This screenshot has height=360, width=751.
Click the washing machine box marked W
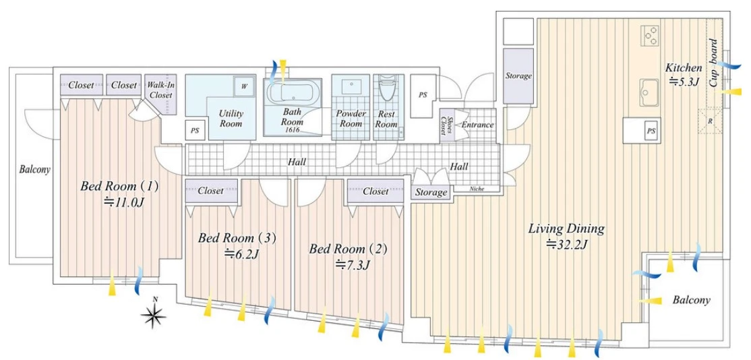[244, 87]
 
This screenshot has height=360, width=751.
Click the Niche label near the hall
[477, 189]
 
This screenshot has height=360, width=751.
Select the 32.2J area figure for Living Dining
[566, 244]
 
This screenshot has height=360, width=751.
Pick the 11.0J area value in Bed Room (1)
[125, 202]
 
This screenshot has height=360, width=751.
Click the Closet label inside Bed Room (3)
[211, 191]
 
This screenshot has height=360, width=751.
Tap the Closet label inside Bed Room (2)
[375, 191]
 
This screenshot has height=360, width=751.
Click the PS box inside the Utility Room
[194, 129]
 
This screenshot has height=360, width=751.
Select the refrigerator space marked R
[710, 121]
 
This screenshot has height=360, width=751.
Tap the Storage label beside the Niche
[431, 192]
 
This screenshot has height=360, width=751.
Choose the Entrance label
[477, 125]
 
